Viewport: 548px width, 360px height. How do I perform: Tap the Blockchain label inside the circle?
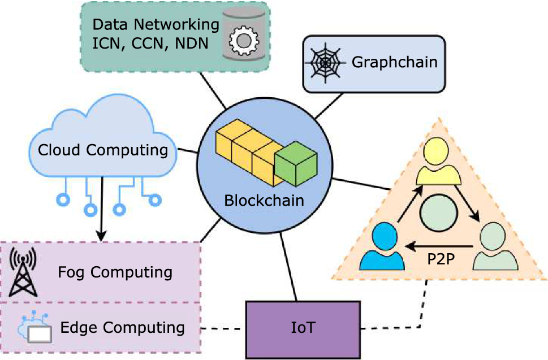pyautogui.click(x=264, y=200)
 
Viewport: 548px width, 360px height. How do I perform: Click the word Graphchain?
pyautogui.click(x=395, y=62)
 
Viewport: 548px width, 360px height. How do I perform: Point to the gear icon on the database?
pyautogui.click(x=243, y=39)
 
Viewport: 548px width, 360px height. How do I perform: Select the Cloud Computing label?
pyautogui.click(x=102, y=150)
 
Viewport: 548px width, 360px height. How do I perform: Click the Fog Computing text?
pyautogui.click(x=115, y=272)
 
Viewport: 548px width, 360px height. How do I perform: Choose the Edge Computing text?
pyautogui.click(x=122, y=327)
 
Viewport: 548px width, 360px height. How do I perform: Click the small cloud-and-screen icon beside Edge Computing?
pyautogui.click(x=36, y=328)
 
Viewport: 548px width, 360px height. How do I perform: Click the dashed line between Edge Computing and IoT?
pyautogui.click(x=223, y=328)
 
